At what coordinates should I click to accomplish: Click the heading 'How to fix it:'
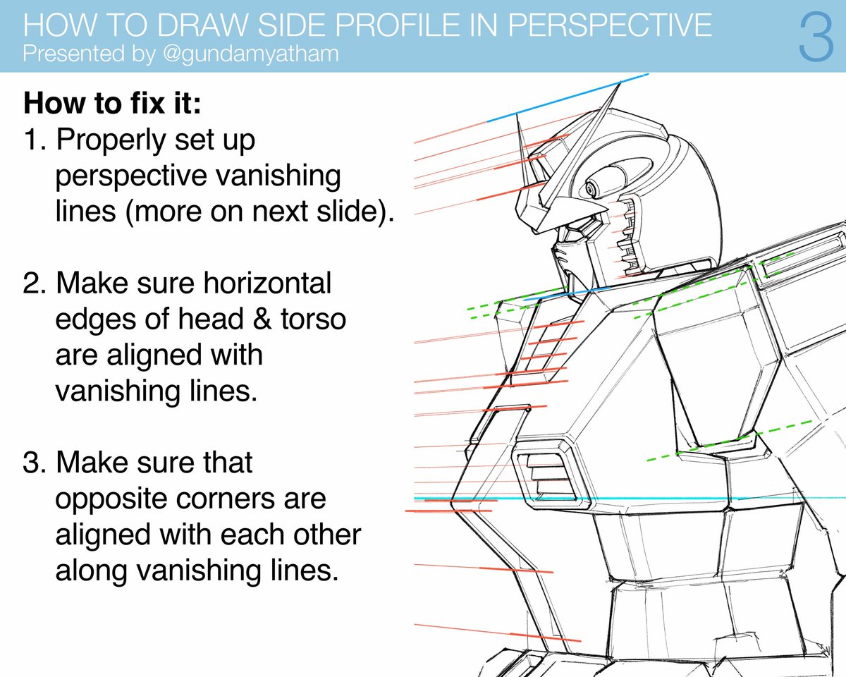click(113, 104)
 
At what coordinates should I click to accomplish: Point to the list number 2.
click(34, 284)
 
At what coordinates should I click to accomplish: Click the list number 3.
click(34, 463)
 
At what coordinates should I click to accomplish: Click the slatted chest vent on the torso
click(545, 469)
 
